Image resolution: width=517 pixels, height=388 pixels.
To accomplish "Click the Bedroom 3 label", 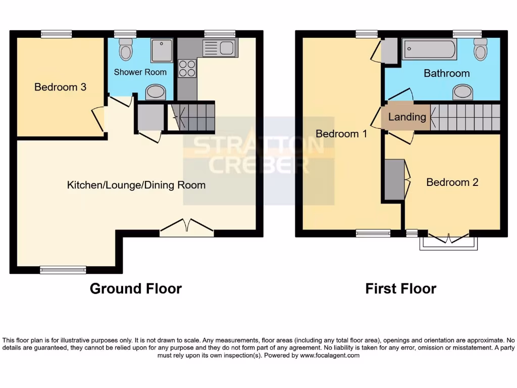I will (60, 87).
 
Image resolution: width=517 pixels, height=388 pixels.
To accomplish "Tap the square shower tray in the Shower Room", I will (162, 50).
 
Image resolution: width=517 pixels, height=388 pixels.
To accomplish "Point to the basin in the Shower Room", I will (155, 92).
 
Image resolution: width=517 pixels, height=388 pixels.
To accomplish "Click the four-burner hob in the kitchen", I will (187, 68).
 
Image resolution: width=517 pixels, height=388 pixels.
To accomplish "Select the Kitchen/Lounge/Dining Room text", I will (136, 185).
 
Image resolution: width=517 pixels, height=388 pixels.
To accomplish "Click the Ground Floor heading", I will (135, 288).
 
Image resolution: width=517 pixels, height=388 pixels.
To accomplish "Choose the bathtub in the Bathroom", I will (429, 50).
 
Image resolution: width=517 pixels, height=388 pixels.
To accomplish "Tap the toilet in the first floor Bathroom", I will (480, 49).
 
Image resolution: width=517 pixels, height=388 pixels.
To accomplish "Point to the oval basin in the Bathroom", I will (463, 91).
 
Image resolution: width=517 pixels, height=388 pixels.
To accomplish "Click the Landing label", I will (407, 117).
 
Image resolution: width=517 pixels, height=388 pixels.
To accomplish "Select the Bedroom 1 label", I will (341, 134).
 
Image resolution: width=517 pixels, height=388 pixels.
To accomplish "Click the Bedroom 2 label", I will (452, 182).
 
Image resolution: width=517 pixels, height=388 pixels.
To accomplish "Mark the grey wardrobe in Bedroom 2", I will (394, 179).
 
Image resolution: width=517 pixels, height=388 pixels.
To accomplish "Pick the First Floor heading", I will (400, 288).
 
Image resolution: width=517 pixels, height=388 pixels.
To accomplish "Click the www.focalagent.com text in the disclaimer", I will (330, 355).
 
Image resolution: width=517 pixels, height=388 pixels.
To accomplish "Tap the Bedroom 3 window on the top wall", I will (56, 34).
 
